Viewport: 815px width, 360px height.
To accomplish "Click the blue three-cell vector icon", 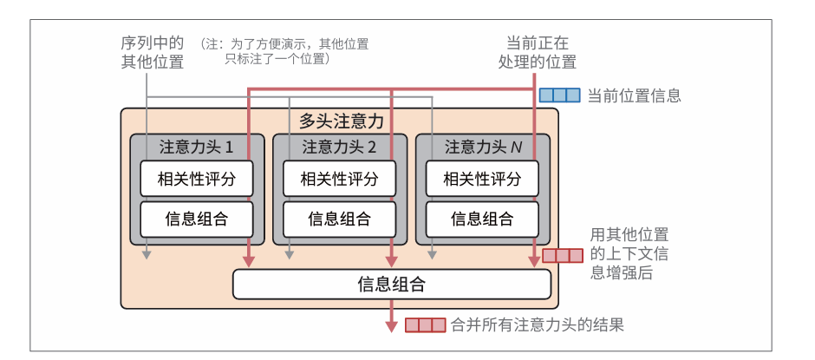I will click(x=559, y=95).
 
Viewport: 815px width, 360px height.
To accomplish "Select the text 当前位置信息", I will click(x=634, y=95).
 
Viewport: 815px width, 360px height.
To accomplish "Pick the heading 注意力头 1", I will click(x=196, y=147).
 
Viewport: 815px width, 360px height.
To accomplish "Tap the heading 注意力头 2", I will click(x=339, y=147).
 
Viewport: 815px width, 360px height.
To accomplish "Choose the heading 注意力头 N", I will click(x=483, y=147).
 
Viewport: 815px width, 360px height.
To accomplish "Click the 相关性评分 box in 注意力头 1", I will click(x=196, y=180).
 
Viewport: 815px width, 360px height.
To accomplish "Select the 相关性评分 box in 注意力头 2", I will click(x=339, y=180).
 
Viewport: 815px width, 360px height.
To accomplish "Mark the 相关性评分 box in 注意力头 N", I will click(x=482, y=180).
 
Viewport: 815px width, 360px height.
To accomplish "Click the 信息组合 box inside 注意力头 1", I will click(x=196, y=219).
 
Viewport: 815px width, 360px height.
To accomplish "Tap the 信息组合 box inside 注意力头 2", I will click(x=339, y=219).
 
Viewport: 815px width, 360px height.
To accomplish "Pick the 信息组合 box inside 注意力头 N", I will click(x=482, y=219).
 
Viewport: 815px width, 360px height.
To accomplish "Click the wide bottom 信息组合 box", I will click(x=392, y=284).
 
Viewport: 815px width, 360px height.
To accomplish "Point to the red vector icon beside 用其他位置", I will click(x=563, y=256).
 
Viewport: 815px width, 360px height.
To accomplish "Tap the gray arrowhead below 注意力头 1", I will click(x=147, y=254).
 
